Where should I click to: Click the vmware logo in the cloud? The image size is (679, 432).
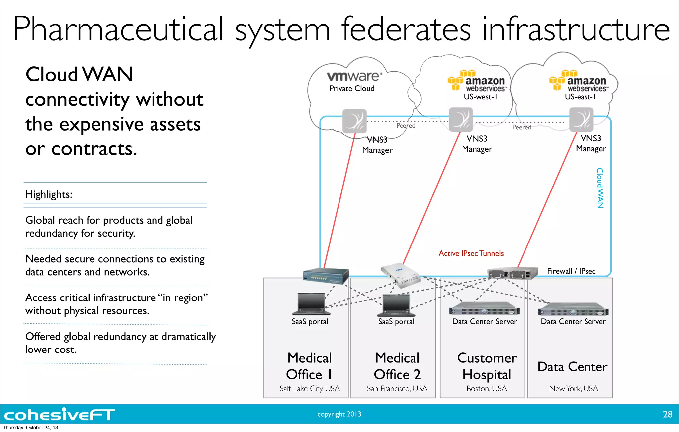(x=354, y=76)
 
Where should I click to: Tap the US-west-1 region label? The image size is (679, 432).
(x=480, y=97)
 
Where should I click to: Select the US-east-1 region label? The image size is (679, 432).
(x=580, y=97)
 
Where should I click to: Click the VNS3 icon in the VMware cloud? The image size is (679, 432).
(x=354, y=121)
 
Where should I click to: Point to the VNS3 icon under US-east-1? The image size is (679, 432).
(x=581, y=120)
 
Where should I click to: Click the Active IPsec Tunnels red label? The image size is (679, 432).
(x=471, y=253)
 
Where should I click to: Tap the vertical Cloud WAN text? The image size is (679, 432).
(x=600, y=188)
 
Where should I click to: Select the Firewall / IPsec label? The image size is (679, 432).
(x=571, y=271)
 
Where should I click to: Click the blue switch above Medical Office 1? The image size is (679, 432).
(x=326, y=276)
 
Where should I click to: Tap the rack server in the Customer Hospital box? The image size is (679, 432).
(x=484, y=309)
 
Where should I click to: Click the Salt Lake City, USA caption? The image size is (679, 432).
(x=309, y=388)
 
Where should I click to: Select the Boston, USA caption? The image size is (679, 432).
(x=486, y=388)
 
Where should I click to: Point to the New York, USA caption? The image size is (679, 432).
(x=573, y=388)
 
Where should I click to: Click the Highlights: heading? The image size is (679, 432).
(x=49, y=194)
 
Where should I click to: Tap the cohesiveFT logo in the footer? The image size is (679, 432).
(x=59, y=414)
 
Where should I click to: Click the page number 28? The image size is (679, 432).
(x=667, y=414)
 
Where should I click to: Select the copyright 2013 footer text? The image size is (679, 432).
(x=339, y=414)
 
